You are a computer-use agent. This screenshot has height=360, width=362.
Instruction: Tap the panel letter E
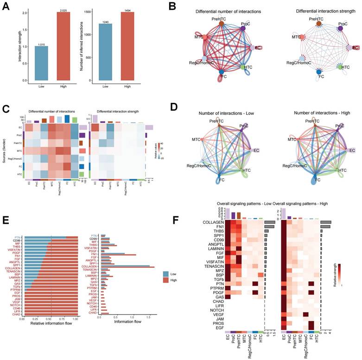tap(6, 222)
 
